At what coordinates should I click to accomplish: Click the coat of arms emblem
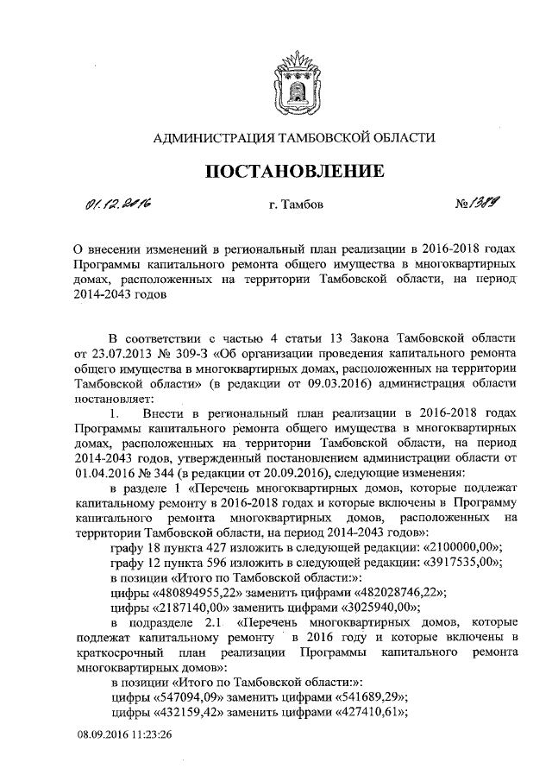pyautogui.click(x=294, y=79)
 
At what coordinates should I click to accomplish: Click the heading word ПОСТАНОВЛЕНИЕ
pyautogui.click(x=294, y=172)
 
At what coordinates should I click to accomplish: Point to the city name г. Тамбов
pyautogui.click(x=294, y=205)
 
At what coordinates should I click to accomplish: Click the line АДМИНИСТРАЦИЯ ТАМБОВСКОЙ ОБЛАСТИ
pyautogui.click(x=294, y=136)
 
